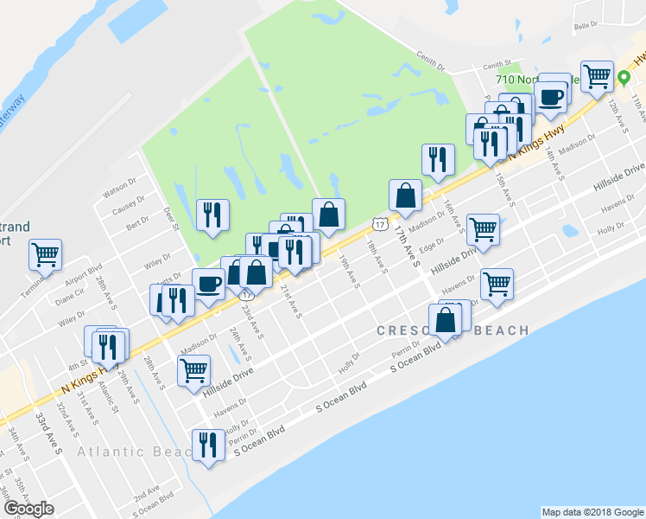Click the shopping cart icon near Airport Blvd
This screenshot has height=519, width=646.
[x=45, y=254]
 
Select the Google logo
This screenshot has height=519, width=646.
[x=28, y=509]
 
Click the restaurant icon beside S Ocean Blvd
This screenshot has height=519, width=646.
[x=206, y=445]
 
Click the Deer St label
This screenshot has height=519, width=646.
[x=169, y=219]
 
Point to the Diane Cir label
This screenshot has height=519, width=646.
[x=70, y=292]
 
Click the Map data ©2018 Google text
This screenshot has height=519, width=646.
[x=592, y=512]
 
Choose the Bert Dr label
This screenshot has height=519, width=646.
[x=137, y=224]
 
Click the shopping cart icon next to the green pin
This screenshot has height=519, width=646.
[x=597, y=77]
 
